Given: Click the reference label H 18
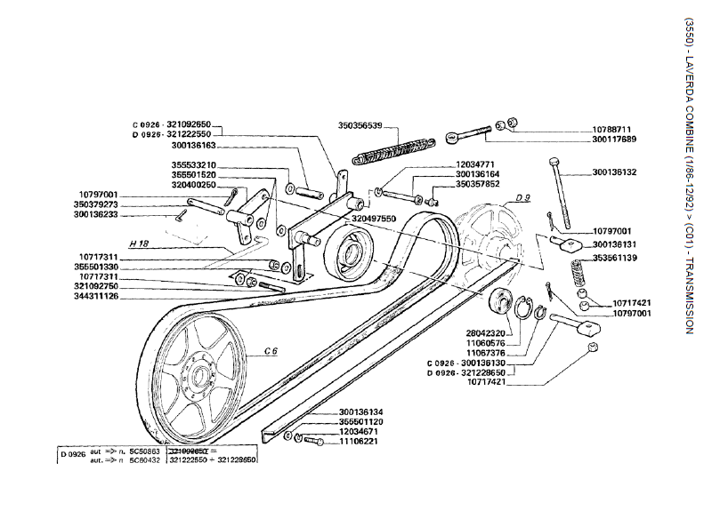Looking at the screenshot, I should [x=138, y=243].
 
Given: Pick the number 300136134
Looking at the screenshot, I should [x=361, y=411].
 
